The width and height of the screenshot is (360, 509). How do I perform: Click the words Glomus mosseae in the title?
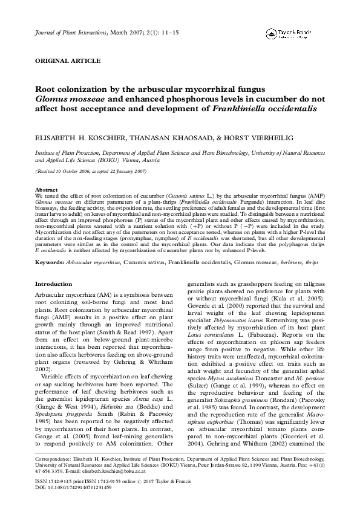(70, 99)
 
